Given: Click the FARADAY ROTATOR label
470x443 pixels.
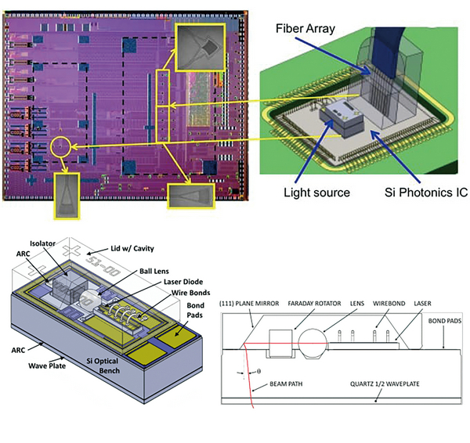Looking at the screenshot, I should tap(324, 301).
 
